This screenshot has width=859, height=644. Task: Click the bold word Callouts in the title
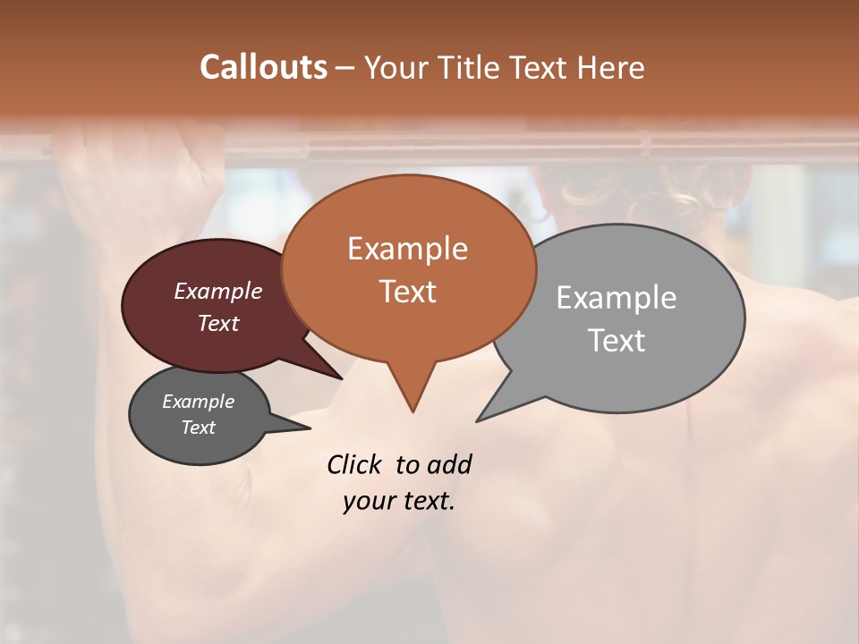[x=263, y=67]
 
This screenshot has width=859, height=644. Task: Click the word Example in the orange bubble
[x=407, y=249]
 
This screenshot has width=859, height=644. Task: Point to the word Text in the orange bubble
[x=407, y=292]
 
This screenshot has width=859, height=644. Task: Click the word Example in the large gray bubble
[x=617, y=298]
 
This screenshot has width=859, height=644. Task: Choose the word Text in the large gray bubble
[x=617, y=341]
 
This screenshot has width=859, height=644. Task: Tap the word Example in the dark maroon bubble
[x=218, y=291]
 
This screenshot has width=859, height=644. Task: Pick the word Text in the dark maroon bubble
[x=218, y=323]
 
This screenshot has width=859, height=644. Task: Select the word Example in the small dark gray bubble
[x=199, y=402]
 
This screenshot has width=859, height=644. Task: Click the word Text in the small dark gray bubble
[x=199, y=428]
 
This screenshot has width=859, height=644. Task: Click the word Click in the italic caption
[x=354, y=464]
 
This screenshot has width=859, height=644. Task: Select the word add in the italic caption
[x=449, y=464]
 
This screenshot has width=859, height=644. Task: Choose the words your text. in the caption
[x=399, y=501]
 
